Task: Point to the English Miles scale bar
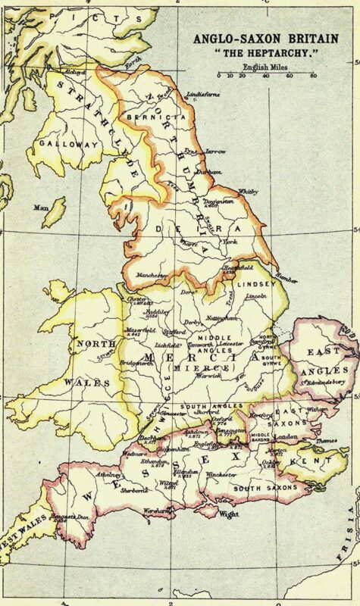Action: (265, 76)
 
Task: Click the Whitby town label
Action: (248, 192)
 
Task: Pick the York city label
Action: (230, 242)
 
